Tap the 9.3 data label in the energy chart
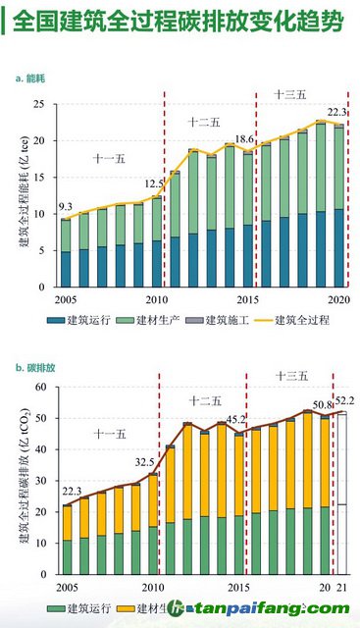coord(65,206)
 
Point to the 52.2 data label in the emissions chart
coord(345,400)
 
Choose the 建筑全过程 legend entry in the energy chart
coord(302,319)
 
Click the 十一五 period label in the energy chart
coord(109,158)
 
